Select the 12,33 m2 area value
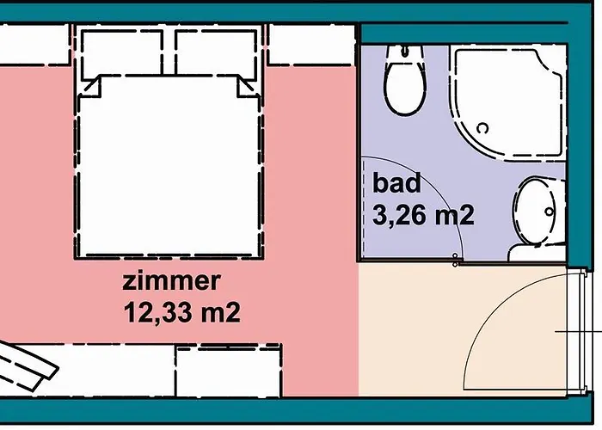point(180,310)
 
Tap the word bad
point(396,183)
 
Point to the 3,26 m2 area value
point(423,214)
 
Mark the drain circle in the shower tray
point(484,128)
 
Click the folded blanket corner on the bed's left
point(92,86)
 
